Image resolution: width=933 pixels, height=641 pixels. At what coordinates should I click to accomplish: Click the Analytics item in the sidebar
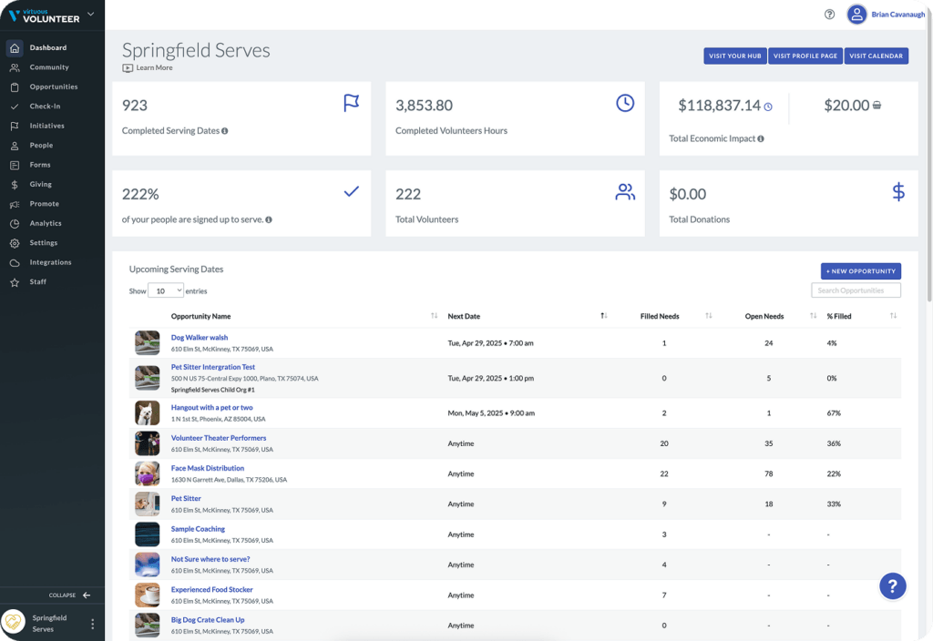coord(46,224)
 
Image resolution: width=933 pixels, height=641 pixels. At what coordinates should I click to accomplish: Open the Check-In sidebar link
coord(45,107)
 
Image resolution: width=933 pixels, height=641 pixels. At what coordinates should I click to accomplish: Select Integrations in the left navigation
coord(51,262)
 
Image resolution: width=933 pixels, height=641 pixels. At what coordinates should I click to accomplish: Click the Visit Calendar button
coord(876,56)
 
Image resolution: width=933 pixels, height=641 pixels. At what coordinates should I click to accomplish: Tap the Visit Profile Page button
coord(805,56)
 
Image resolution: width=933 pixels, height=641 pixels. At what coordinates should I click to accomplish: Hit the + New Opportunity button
coord(860,271)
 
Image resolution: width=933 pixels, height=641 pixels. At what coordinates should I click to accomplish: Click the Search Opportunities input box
coord(856,290)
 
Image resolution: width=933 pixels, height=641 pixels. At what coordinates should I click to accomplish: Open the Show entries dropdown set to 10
coord(166,290)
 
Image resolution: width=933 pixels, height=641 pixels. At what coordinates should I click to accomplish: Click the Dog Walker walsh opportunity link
coord(200,338)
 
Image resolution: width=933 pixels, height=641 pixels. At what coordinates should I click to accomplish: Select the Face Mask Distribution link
coord(208,469)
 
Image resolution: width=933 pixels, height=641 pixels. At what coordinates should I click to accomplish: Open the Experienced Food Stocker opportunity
coord(211,590)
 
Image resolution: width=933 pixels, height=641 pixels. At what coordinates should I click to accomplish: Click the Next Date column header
coord(464,316)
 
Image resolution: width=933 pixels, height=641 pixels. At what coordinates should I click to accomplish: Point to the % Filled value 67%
coord(834,413)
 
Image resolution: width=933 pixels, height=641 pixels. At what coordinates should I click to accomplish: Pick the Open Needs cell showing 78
coord(769,473)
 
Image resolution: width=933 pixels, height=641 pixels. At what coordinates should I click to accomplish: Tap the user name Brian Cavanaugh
coord(897,15)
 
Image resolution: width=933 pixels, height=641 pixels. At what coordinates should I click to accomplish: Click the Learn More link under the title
coord(154,67)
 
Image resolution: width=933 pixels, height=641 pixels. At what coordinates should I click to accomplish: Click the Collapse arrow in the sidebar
coord(87,595)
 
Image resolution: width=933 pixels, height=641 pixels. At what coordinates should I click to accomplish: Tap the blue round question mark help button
coord(893,586)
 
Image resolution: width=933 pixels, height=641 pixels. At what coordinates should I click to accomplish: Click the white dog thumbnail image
coord(147,412)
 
